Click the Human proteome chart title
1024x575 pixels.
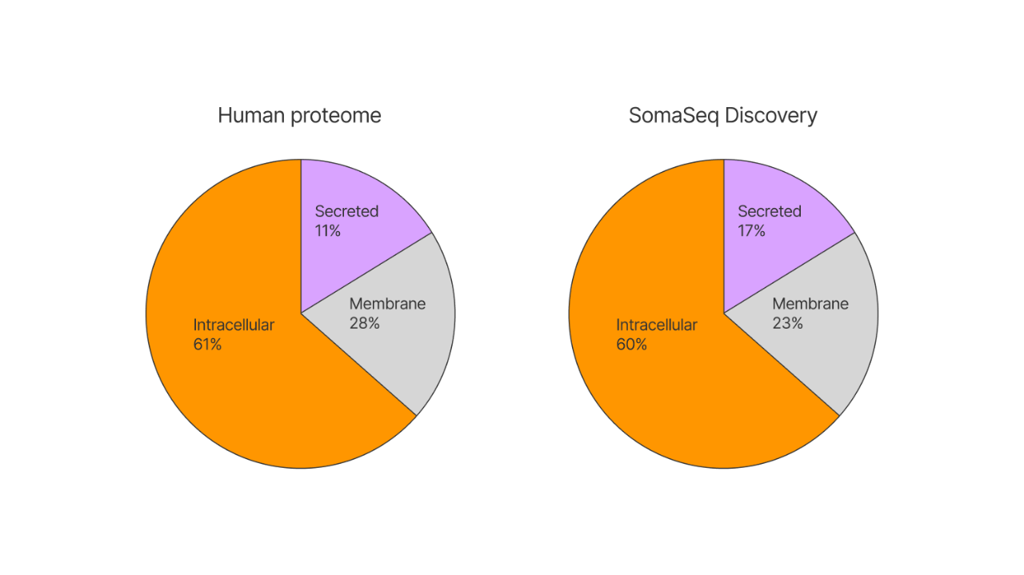point(299,115)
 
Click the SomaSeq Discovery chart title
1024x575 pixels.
point(722,115)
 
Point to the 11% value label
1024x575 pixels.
point(328,231)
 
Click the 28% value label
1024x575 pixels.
point(365,324)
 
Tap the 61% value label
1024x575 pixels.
point(207,344)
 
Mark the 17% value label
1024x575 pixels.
point(751,231)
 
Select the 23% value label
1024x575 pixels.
point(788,324)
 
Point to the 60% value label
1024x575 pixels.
point(631,344)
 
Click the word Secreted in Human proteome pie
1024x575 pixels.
point(346,211)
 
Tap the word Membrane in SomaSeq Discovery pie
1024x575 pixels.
point(810,304)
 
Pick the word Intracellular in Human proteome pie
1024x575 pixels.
point(234,325)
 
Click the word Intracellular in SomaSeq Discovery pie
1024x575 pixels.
point(657,325)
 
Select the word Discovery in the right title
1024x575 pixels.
point(770,116)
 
